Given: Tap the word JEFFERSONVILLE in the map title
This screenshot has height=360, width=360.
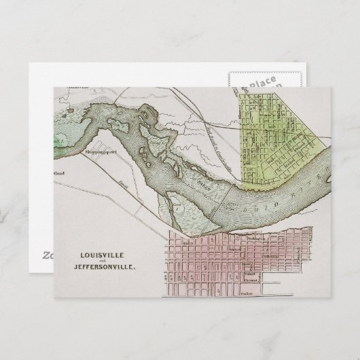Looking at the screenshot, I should point(101,267).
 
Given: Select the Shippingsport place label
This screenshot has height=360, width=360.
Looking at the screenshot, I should point(102,153).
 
